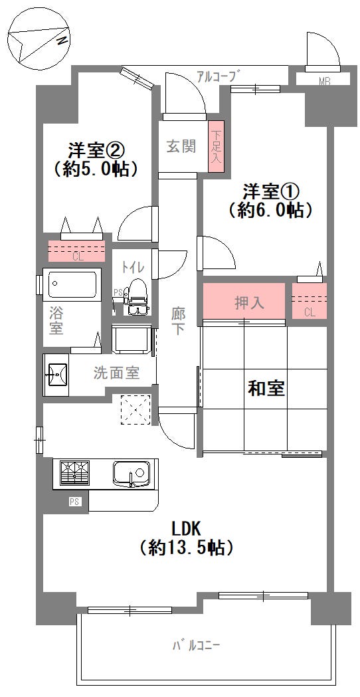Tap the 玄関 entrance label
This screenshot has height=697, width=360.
(x=181, y=146)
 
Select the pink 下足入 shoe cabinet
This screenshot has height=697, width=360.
(x=217, y=147)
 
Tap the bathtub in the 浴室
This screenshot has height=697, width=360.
(x=71, y=286)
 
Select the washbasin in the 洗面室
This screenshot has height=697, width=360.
(x=57, y=375)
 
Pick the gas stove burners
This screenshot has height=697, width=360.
(x=75, y=473)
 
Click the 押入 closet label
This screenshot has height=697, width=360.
(x=250, y=303)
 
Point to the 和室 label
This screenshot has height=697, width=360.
(x=266, y=389)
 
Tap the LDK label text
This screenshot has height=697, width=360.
(x=186, y=529)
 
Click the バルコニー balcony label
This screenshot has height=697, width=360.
(x=196, y=645)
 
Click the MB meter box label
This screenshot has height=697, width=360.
(x=324, y=82)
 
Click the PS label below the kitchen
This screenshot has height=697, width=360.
(x=74, y=502)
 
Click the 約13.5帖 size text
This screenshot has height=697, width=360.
(x=186, y=548)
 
